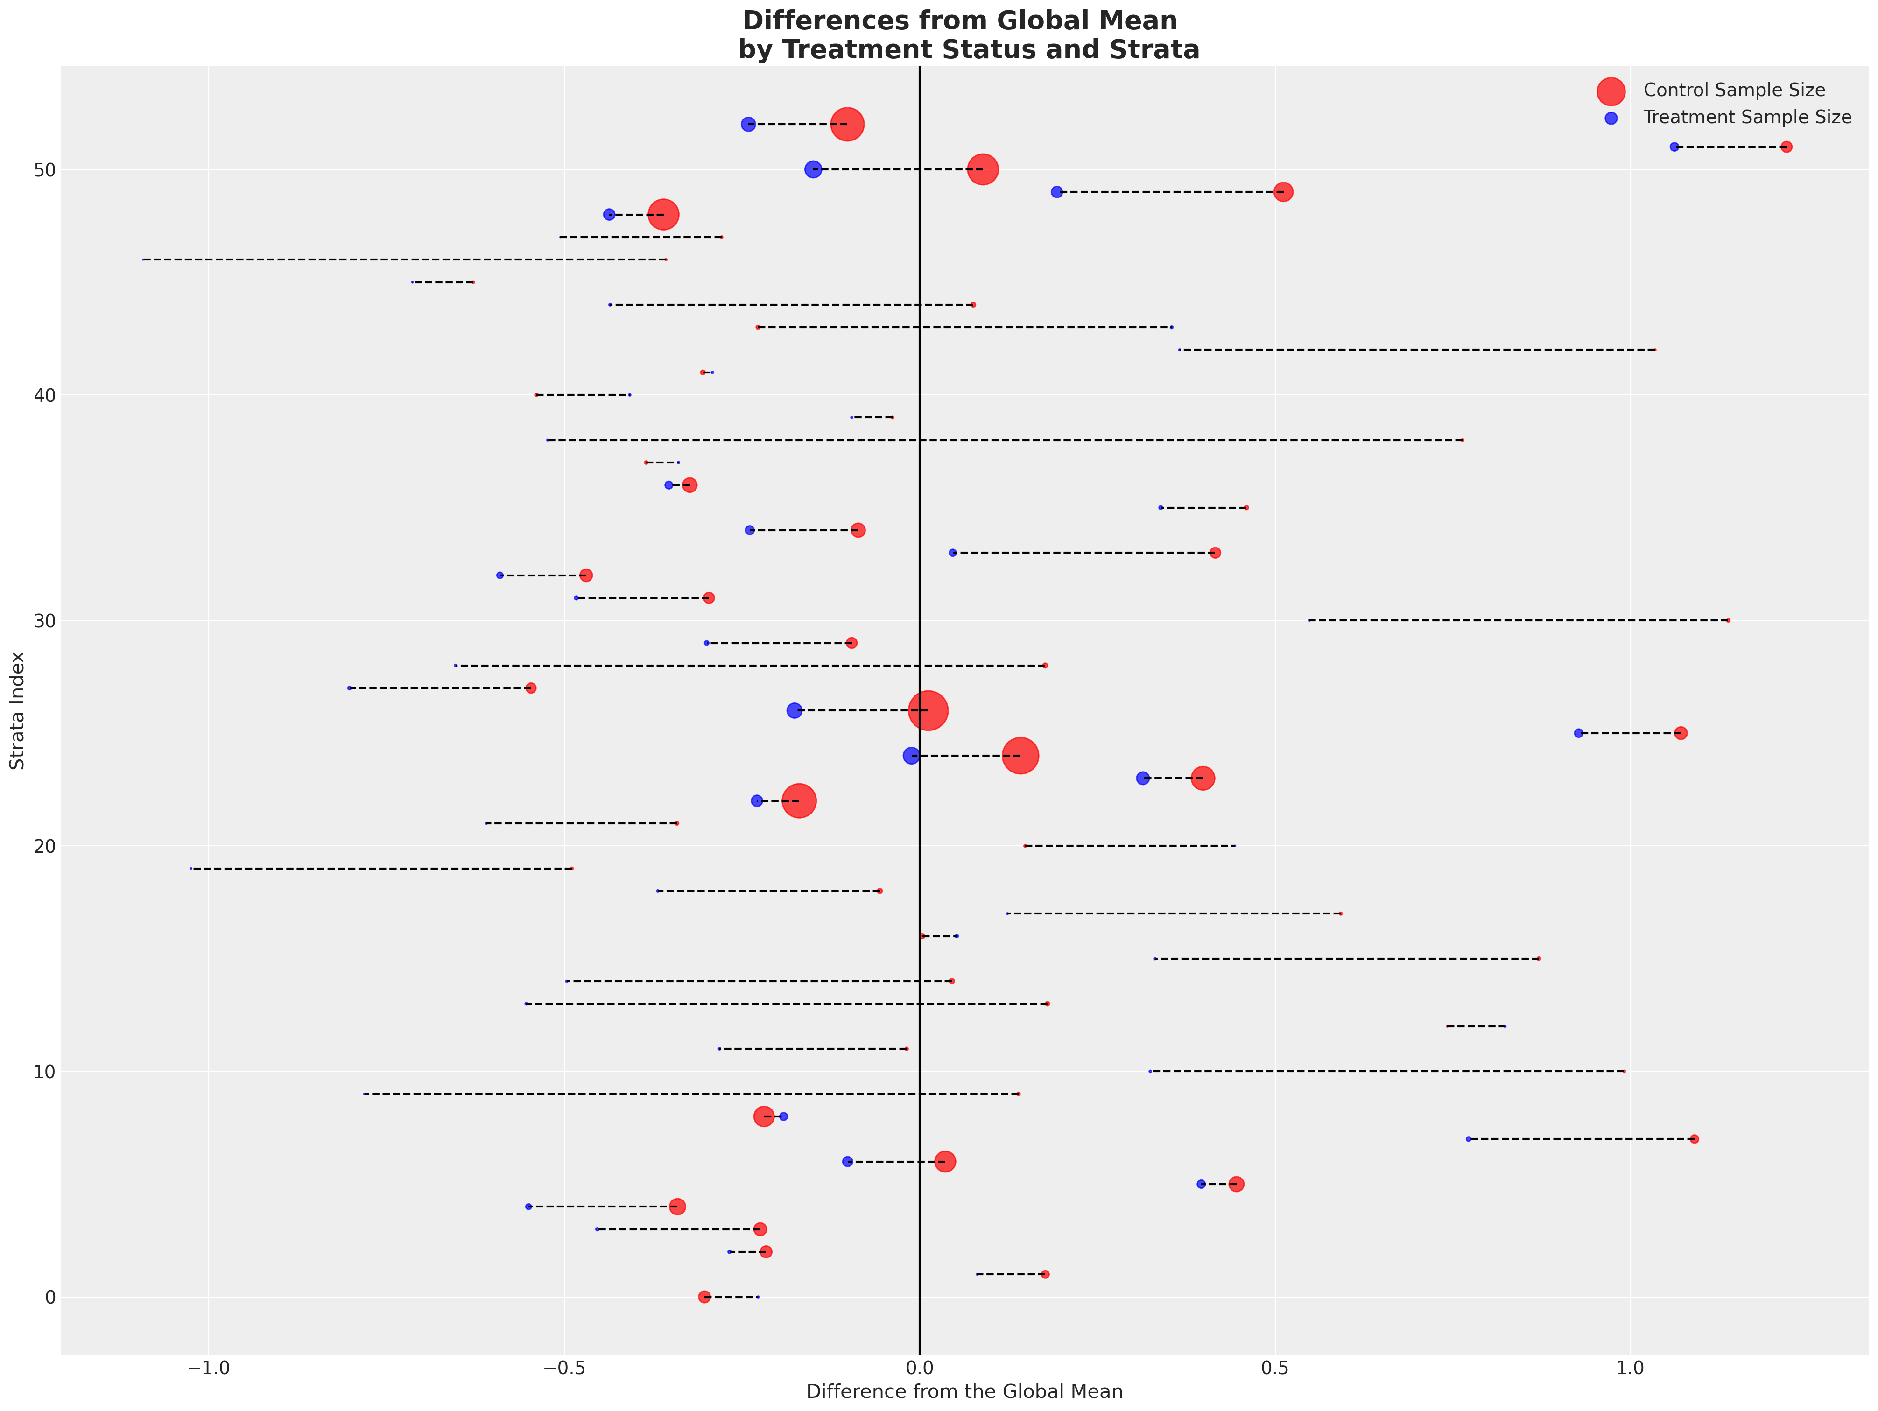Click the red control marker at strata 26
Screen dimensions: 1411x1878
pyautogui.click(x=928, y=710)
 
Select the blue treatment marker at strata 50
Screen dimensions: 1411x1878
pyautogui.click(x=813, y=170)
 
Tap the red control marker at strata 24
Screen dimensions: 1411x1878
pyautogui.click(x=1020, y=756)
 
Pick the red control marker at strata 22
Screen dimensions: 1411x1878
pyautogui.click(x=799, y=800)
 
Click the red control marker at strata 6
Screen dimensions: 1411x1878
pyautogui.click(x=945, y=1161)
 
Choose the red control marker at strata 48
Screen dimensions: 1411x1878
pyautogui.click(x=663, y=215)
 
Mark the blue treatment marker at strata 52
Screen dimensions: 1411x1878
pyautogui.click(x=748, y=125)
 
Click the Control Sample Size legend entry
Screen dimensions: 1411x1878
pyautogui.click(x=1734, y=90)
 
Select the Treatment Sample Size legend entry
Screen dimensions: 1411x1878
pyautogui.click(x=1746, y=117)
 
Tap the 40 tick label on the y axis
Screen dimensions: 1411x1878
pyautogui.click(x=44, y=396)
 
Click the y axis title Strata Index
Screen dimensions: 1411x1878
pyautogui.click(x=17, y=710)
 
